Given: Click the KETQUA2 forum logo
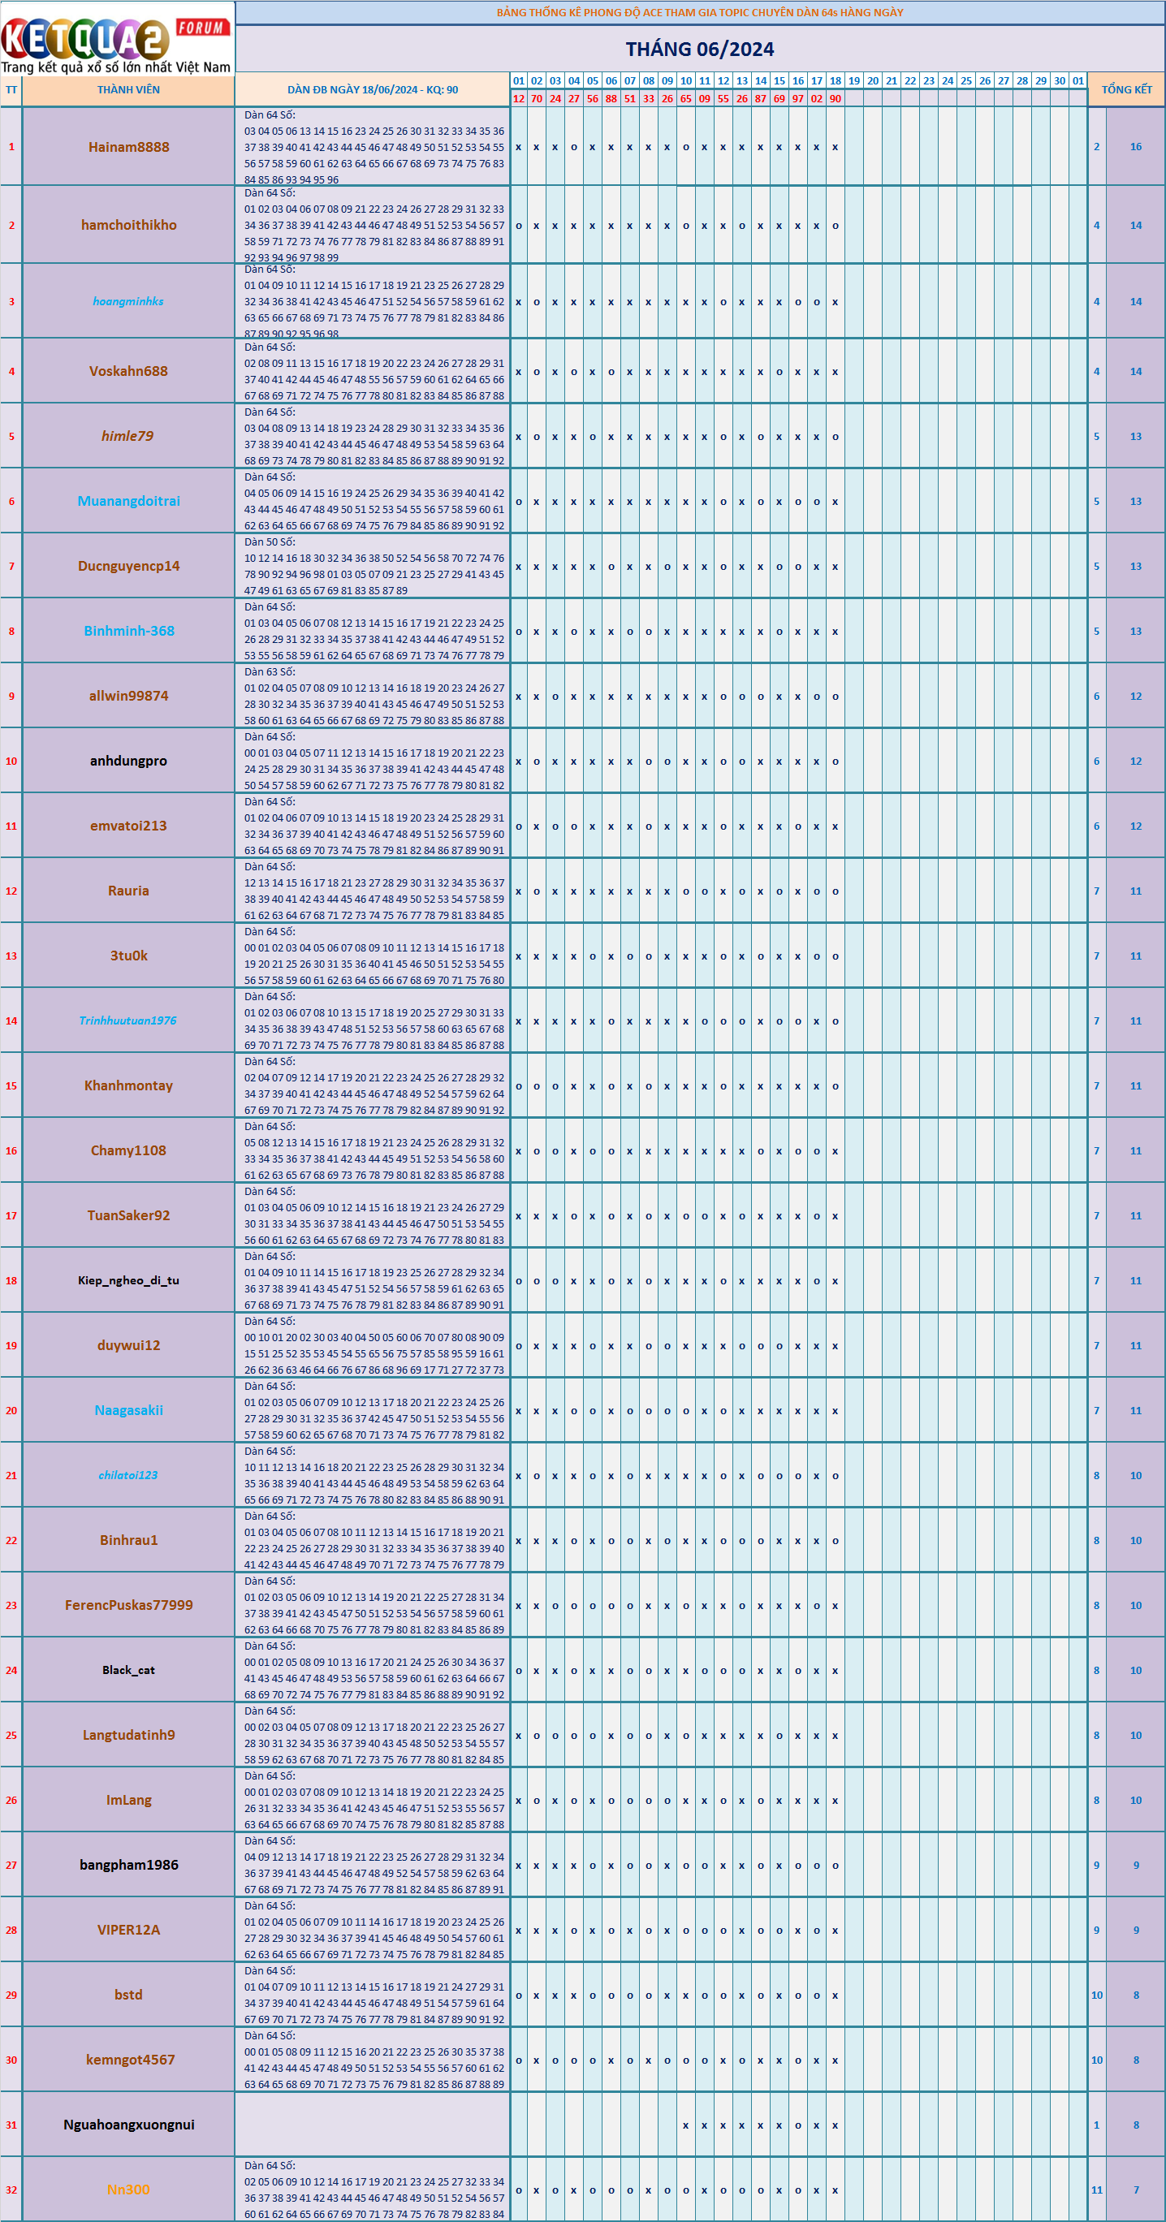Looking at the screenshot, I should click(x=116, y=39).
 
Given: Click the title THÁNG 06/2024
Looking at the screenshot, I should click(x=699, y=50).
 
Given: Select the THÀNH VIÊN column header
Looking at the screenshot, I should click(x=128, y=89).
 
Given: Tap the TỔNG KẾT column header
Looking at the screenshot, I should click(x=1126, y=89).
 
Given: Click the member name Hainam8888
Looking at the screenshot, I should click(x=128, y=147).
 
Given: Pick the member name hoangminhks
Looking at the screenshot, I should click(x=128, y=301).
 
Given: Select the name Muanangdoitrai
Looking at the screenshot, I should click(x=128, y=501).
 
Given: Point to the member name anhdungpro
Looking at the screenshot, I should click(x=128, y=761).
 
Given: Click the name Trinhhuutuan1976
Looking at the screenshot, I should click(x=128, y=1020).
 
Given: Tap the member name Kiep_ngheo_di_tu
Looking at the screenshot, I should click(x=128, y=1280).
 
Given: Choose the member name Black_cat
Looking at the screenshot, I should click(x=128, y=1670).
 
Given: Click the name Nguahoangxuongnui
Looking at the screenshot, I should click(x=128, y=2125).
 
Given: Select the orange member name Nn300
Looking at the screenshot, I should click(x=128, y=2190).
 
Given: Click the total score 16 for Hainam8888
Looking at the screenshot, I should click(x=1136, y=147).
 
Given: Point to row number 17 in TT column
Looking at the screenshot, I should click(x=11, y=1215).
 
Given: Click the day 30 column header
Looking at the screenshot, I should click(x=1059, y=81).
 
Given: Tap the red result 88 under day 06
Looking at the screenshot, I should click(x=611, y=98).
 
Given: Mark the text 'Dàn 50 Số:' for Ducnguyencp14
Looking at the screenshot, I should click(x=269, y=541).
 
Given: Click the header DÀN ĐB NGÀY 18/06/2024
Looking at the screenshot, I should click(x=373, y=89).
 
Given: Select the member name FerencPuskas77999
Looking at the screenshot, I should click(x=128, y=1605).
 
